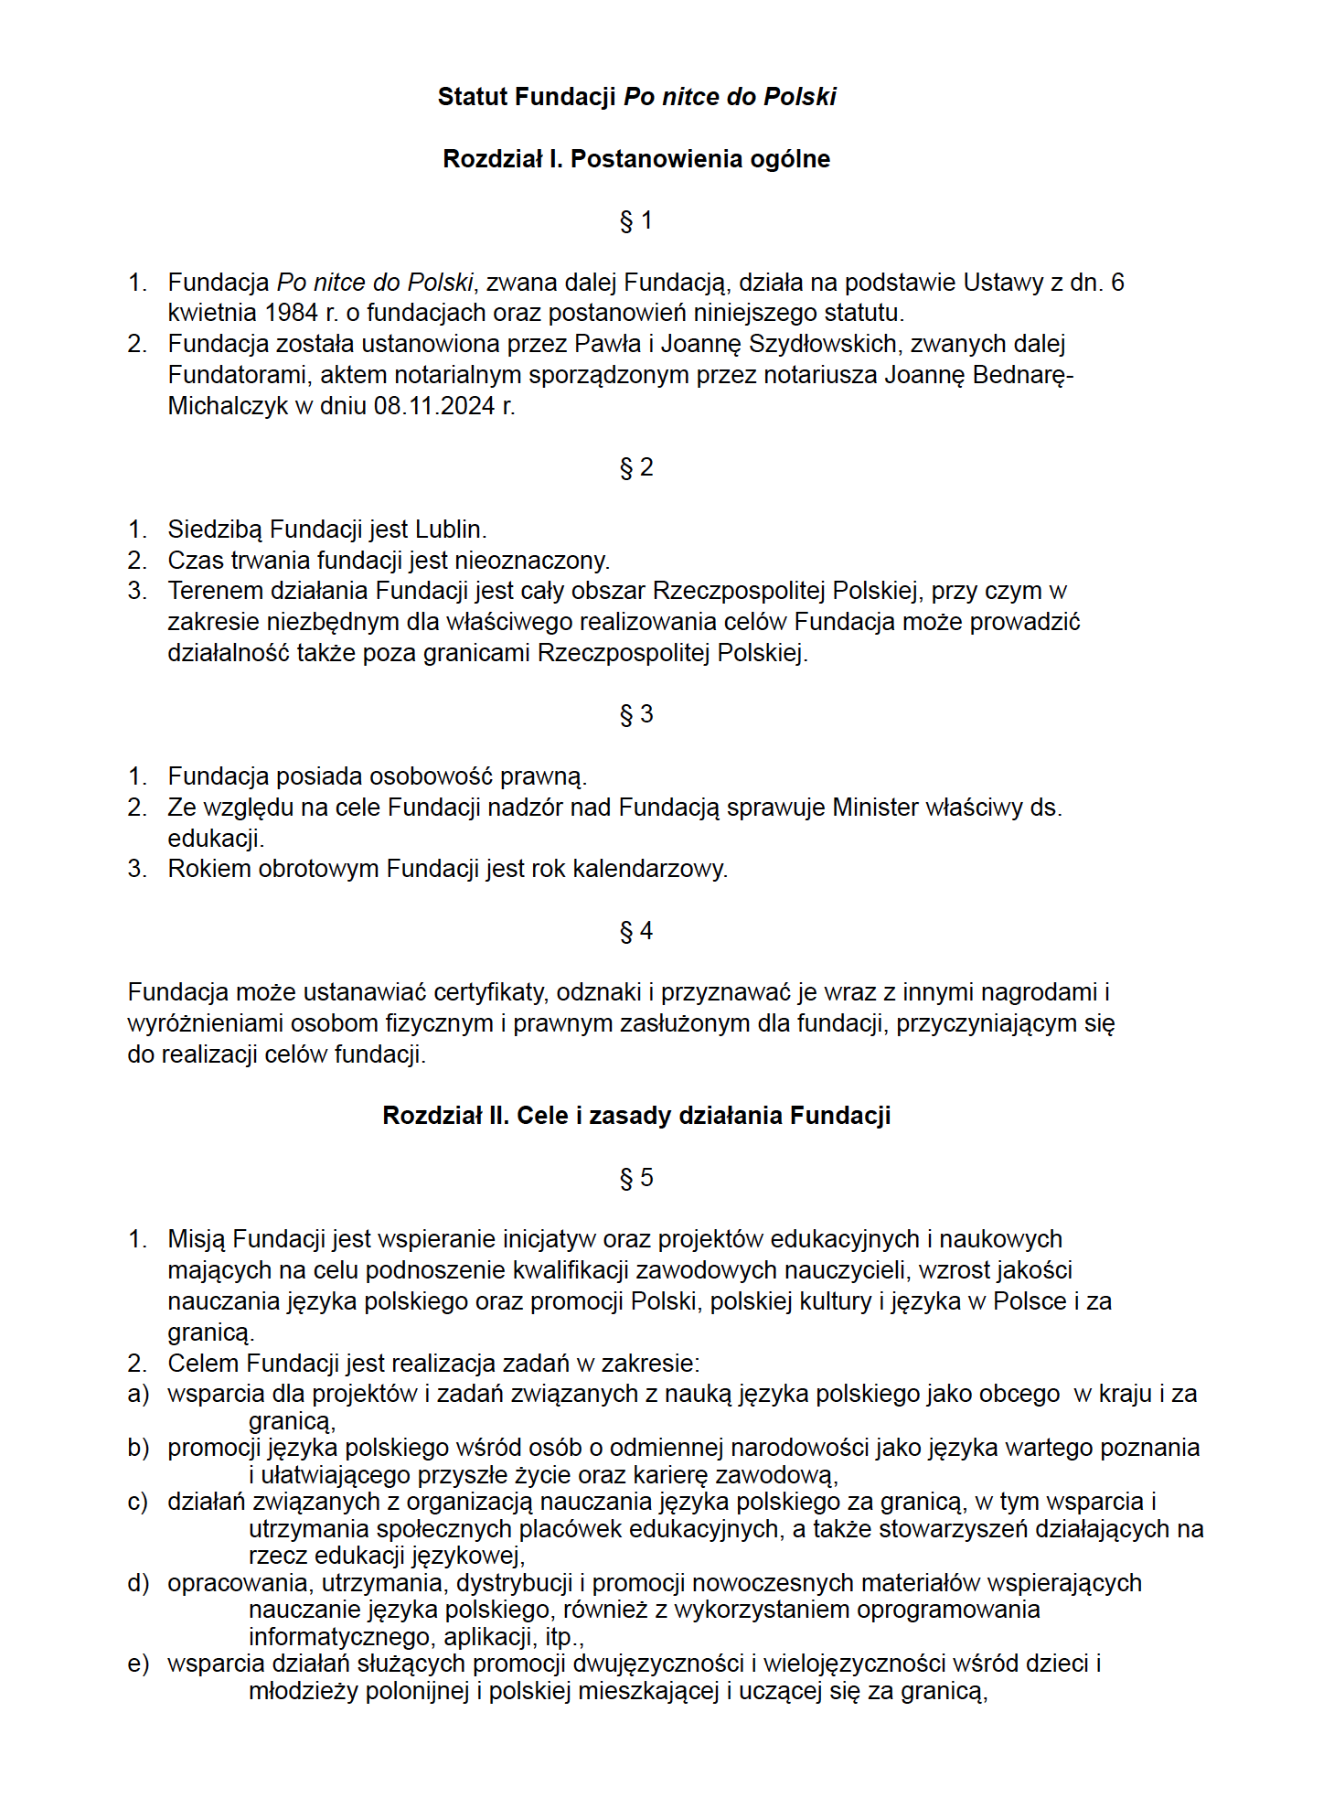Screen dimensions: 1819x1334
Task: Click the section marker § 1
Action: [x=635, y=221]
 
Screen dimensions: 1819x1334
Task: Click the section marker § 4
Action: [x=635, y=932]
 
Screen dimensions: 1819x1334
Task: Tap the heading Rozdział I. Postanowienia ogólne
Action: [x=636, y=159]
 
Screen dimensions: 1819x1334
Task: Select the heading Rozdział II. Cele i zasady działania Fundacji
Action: [x=636, y=1116]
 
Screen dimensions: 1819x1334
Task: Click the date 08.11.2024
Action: [x=434, y=406]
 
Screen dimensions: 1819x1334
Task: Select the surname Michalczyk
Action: [x=228, y=406]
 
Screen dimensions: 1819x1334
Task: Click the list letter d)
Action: [x=138, y=1583]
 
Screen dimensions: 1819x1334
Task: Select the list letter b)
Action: [x=138, y=1448]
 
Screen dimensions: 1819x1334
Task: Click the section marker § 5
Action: [x=635, y=1178]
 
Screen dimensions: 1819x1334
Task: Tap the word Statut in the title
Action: [x=473, y=97]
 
